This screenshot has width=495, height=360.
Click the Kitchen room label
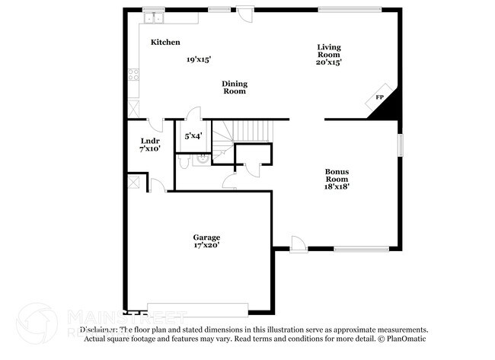coord(165,43)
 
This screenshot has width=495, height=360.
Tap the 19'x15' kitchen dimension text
coord(198,59)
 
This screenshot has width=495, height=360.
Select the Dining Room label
coord(235,88)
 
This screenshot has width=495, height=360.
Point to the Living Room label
coord(329,51)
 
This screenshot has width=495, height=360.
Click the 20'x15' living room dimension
coord(329,62)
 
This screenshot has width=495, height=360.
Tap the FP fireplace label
coord(379,97)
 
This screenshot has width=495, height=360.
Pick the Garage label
coord(206,237)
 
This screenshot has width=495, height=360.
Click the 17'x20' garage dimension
coord(206,247)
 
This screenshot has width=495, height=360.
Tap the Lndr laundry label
coord(149,141)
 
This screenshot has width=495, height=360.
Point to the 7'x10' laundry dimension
coord(149,149)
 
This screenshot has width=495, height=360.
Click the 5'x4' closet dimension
coord(193,137)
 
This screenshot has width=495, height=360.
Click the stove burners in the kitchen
coord(134,75)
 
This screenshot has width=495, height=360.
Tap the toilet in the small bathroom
coord(202,160)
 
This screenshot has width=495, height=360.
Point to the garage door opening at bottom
coord(197,309)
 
